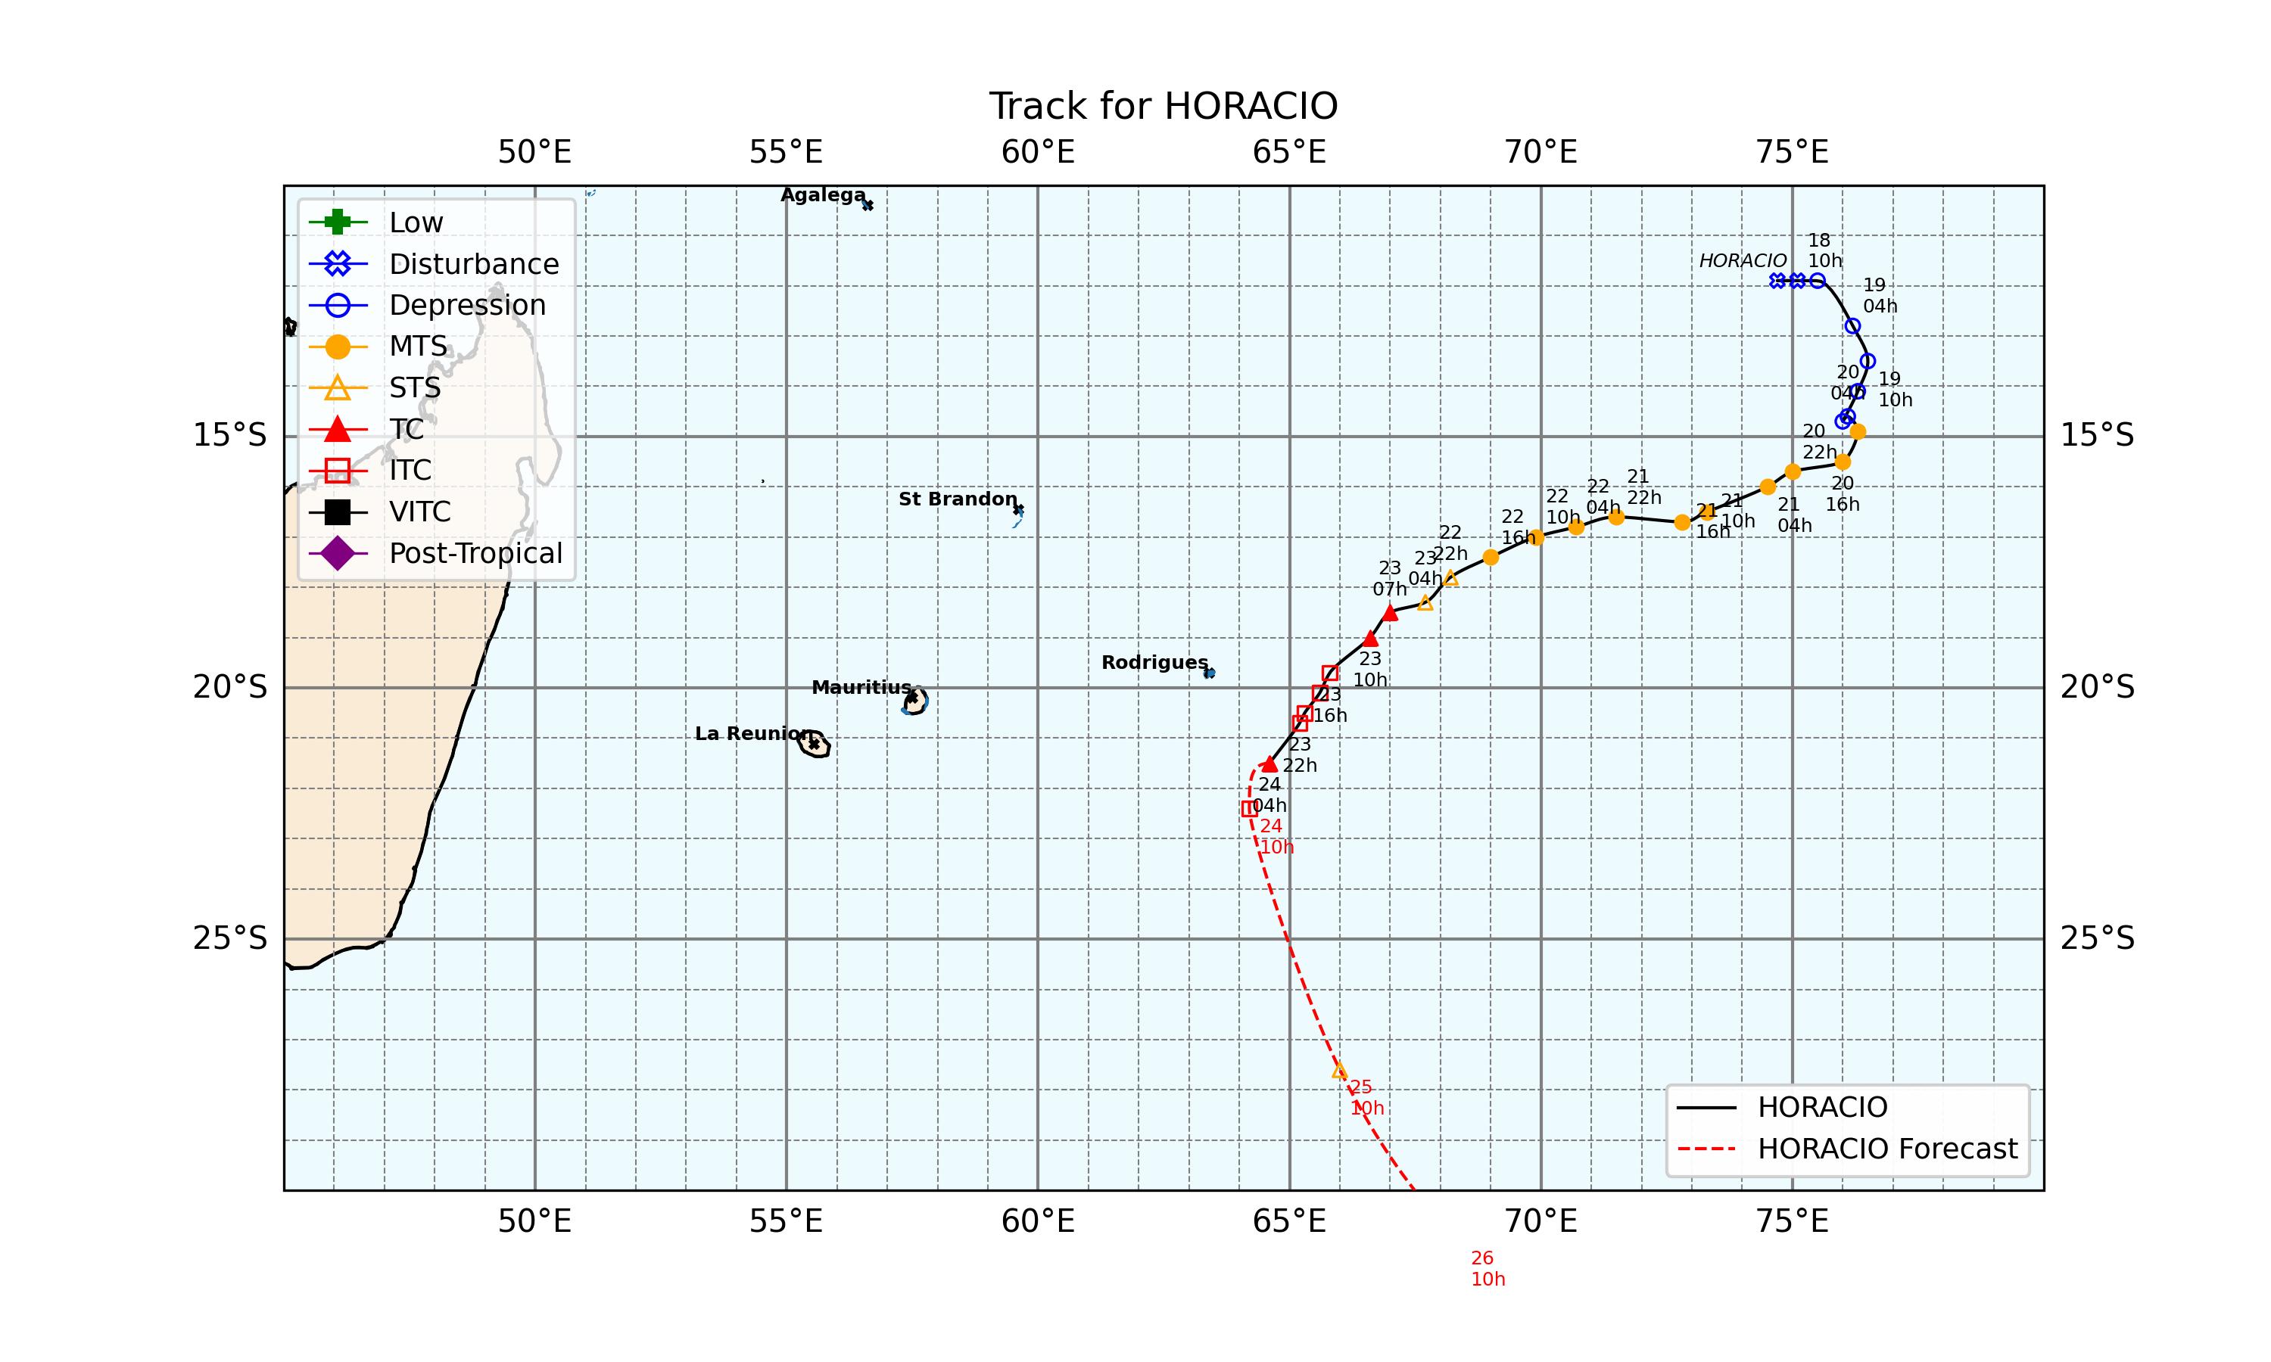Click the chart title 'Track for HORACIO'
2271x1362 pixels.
1163,107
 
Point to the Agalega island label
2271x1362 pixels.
822,194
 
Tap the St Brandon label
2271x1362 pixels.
958,499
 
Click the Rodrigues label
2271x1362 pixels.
1154,663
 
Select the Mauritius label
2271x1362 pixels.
861,687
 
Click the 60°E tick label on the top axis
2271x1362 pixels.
1037,152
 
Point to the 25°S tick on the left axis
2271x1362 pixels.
229,939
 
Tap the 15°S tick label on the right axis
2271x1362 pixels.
2098,436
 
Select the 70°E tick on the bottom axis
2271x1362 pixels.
1540,1221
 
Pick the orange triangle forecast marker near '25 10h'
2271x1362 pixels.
1339,1070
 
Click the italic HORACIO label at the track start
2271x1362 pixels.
1743,260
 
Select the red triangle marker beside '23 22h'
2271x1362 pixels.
1269,763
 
